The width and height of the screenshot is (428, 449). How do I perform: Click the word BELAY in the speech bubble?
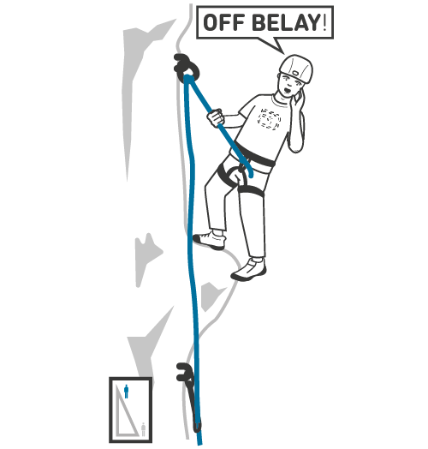[287, 22]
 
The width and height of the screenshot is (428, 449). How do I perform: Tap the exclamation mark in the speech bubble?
[324, 22]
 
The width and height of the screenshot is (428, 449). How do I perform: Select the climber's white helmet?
[296, 68]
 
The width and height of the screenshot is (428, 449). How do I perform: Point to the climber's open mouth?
[288, 91]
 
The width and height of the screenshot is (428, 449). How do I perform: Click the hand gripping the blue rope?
[216, 117]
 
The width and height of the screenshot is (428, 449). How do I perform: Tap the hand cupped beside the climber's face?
[298, 99]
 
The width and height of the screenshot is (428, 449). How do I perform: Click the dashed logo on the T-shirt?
[269, 119]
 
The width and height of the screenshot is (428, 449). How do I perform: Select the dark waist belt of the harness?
[254, 156]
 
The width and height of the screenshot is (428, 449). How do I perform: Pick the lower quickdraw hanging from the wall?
[190, 395]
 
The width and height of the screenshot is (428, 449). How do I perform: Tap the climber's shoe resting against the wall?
[210, 240]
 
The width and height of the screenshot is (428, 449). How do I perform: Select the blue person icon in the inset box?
[126, 391]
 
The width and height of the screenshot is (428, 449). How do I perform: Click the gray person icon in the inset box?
[143, 429]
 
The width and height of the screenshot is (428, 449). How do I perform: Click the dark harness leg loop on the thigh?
[251, 191]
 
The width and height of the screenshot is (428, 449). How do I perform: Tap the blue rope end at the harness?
[251, 175]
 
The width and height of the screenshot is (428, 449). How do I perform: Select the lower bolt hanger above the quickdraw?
[183, 372]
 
